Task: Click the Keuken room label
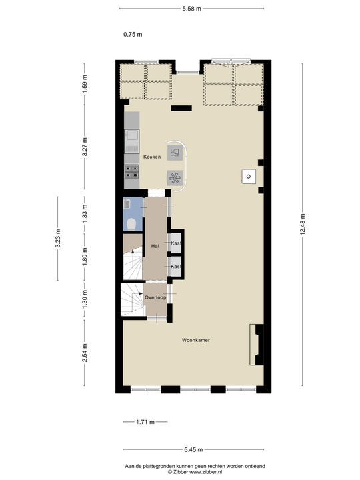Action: (151, 157)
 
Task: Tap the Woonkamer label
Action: (196, 340)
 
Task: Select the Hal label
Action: (155, 246)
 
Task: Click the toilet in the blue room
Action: (132, 223)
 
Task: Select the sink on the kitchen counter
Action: (131, 138)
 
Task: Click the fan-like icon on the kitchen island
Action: (175, 177)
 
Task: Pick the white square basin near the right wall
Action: (247, 176)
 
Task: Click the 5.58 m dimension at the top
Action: (192, 8)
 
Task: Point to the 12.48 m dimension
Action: (302, 225)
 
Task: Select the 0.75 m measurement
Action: (133, 34)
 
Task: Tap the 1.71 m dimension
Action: (145, 422)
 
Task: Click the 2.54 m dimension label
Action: (85, 352)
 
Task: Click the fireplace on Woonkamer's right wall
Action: (255, 345)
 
